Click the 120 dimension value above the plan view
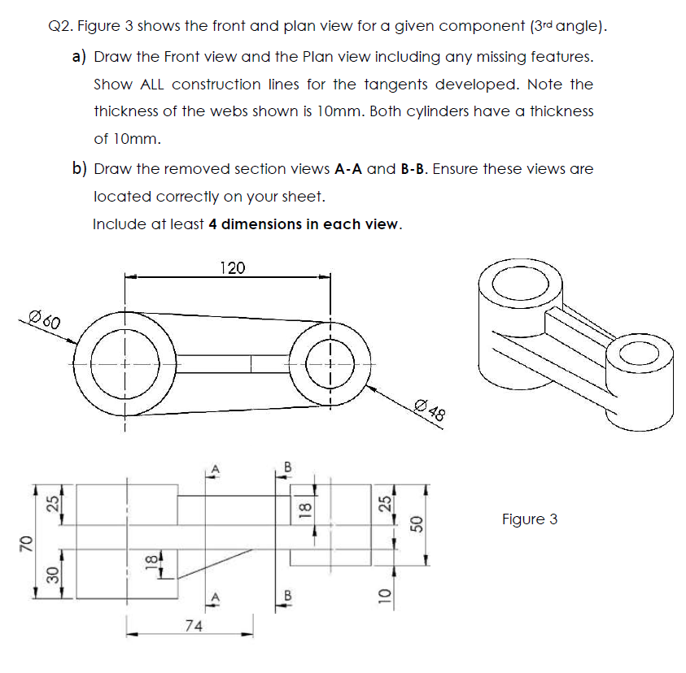click(233, 267)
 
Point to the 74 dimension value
click(194, 625)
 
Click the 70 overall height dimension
click(24, 542)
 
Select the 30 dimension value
click(53, 574)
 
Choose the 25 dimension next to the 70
click(53, 504)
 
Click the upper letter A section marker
click(216, 468)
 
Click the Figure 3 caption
click(530, 519)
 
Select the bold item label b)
click(80, 169)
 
